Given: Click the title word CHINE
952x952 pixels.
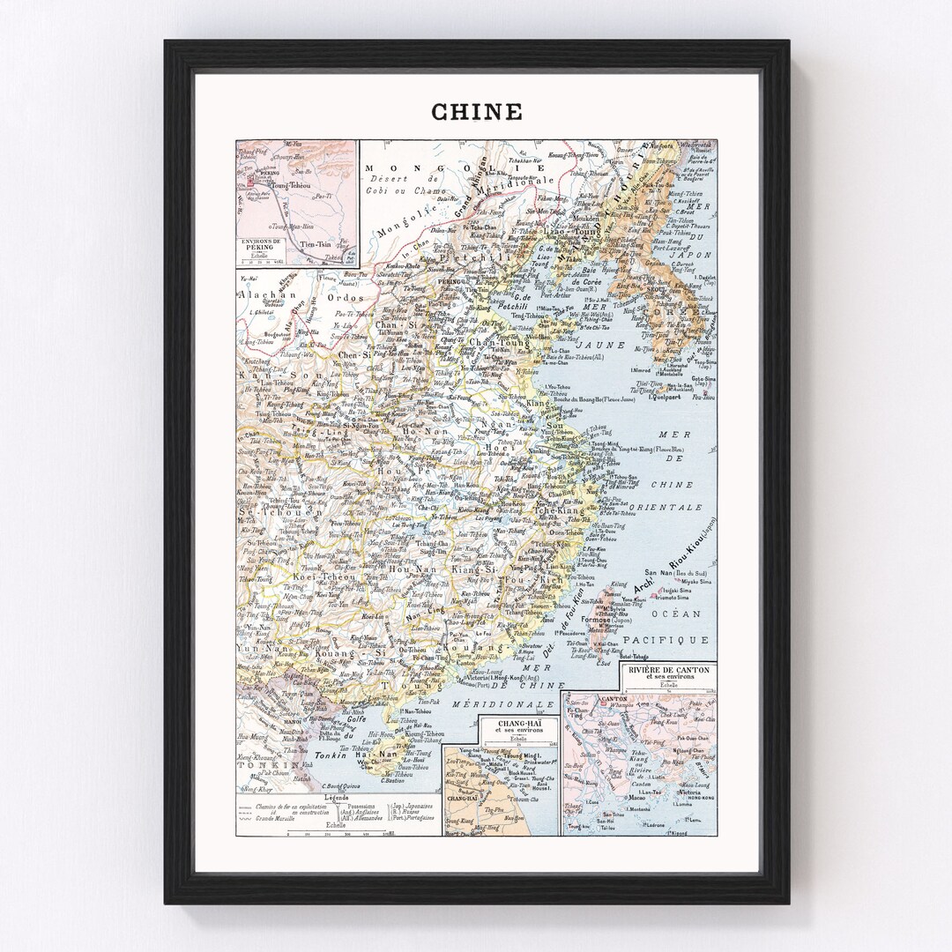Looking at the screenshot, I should click(x=476, y=112).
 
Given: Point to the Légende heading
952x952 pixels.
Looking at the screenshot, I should click(x=336, y=797).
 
